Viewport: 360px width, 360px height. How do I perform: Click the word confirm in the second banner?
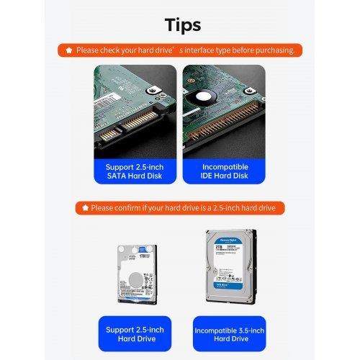[129, 208]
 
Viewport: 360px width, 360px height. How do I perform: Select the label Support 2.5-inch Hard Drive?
[135, 334]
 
